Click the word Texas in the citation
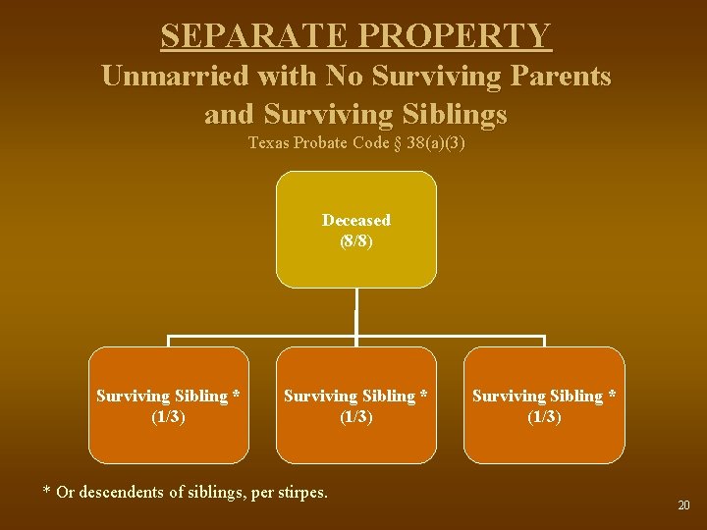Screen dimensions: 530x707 268,143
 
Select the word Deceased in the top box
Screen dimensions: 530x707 355,220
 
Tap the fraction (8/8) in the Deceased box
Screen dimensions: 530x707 355,239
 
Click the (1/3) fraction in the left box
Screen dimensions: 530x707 169,416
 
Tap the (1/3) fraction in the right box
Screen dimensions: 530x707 544,416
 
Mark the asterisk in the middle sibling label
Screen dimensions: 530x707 423,396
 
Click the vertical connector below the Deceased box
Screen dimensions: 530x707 355,314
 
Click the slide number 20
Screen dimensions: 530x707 683,504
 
